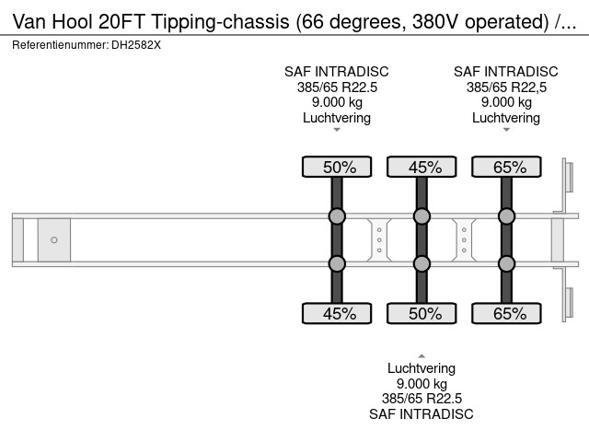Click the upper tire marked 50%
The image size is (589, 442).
[x=337, y=167]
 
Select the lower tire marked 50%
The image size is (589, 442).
[x=422, y=314]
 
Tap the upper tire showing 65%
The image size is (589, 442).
[x=506, y=167]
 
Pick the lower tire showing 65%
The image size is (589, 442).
[x=506, y=314]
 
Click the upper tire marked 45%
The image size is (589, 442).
[x=422, y=167]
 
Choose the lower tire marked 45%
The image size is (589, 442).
[x=337, y=314]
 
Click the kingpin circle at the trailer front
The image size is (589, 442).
[x=54, y=240]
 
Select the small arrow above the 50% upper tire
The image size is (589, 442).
[x=337, y=130]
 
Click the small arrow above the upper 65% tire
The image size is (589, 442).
[x=506, y=130]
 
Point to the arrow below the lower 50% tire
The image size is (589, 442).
[x=422, y=355]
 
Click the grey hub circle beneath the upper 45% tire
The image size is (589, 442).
[x=422, y=217]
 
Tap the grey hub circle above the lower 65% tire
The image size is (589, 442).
[x=506, y=263]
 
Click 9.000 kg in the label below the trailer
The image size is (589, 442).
[x=422, y=384]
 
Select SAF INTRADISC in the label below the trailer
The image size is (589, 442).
[x=422, y=413]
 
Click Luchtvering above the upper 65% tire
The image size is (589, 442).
[x=506, y=117]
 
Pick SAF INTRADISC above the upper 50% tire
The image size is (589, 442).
[x=337, y=72]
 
